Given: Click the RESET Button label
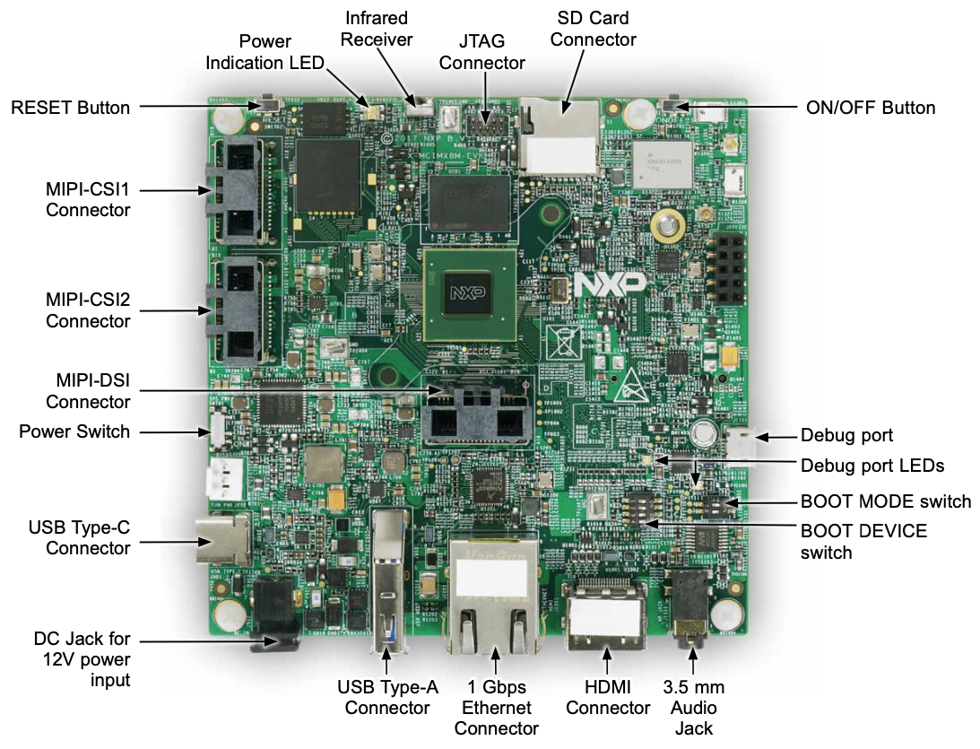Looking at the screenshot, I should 70,108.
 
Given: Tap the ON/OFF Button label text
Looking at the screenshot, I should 866,108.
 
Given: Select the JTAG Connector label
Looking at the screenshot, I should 481,51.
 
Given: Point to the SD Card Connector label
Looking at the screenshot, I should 593,29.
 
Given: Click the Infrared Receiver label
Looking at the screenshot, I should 378,29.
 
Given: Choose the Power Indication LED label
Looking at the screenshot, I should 265,51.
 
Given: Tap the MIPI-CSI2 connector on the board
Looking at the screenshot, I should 235,307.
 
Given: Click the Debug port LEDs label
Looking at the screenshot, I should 872,466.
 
